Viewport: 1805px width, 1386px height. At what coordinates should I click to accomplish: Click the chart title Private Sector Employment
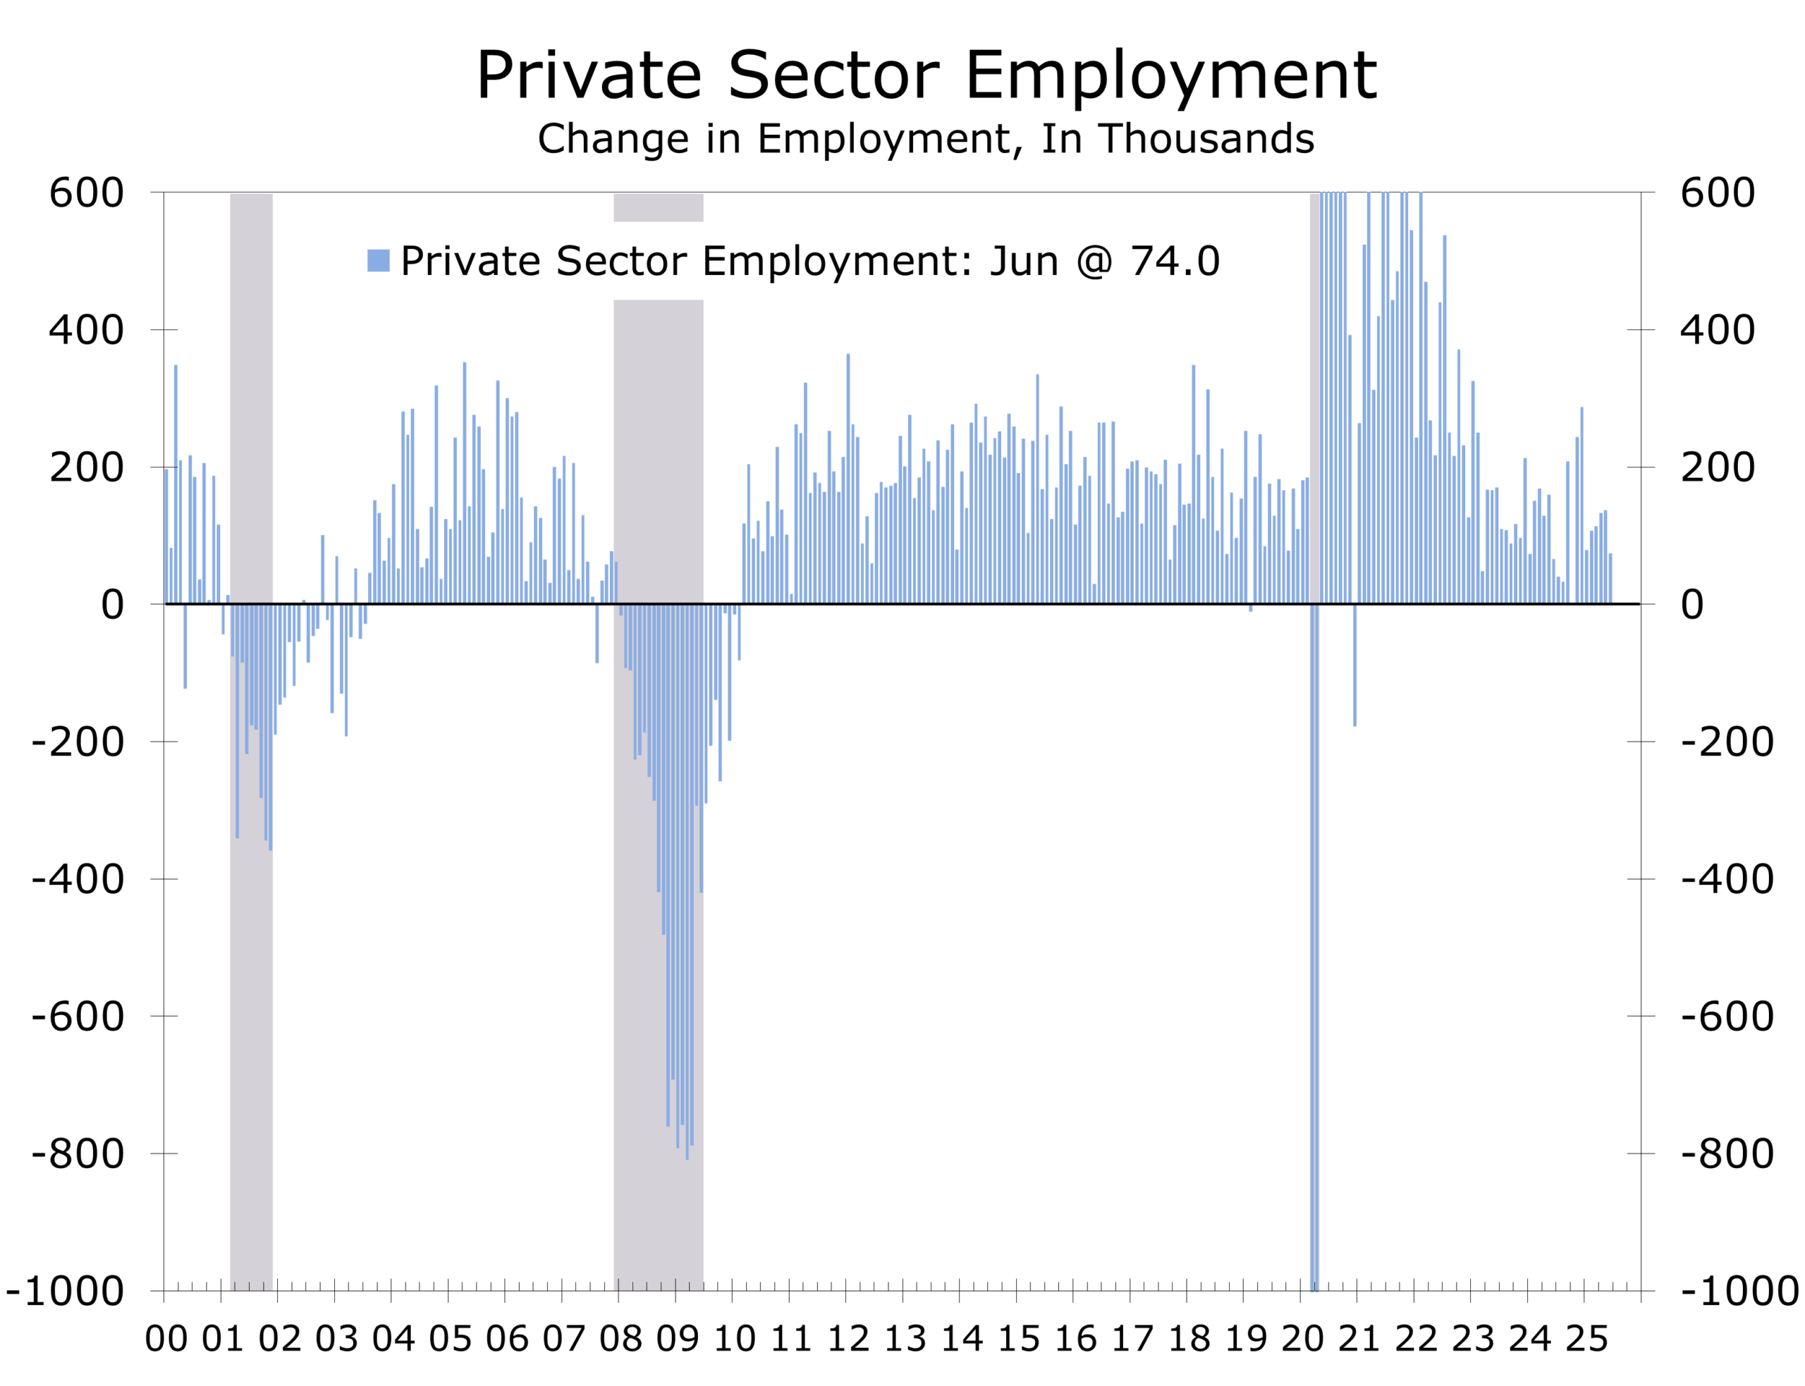(x=925, y=76)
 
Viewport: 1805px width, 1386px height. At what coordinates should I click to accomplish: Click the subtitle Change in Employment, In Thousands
(x=925, y=139)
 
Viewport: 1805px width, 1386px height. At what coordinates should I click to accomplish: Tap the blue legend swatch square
(x=378, y=261)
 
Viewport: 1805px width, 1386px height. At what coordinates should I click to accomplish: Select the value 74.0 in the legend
(x=1174, y=262)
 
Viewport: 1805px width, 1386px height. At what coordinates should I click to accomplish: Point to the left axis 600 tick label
(x=87, y=194)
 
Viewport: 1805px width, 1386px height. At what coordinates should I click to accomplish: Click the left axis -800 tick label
(x=78, y=1153)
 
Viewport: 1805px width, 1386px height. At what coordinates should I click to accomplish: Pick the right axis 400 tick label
(x=1717, y=331)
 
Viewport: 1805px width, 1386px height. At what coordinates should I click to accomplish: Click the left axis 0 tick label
(x=112, y=606)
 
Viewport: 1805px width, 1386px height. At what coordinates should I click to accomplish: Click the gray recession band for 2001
(x=251, y=742)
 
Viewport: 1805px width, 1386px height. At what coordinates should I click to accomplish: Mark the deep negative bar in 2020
(x=1314, y=949)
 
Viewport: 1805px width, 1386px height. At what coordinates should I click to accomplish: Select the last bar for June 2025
(x=1610, y=579)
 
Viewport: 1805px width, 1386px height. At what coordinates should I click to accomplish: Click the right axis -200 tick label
(x=1727, y=742)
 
